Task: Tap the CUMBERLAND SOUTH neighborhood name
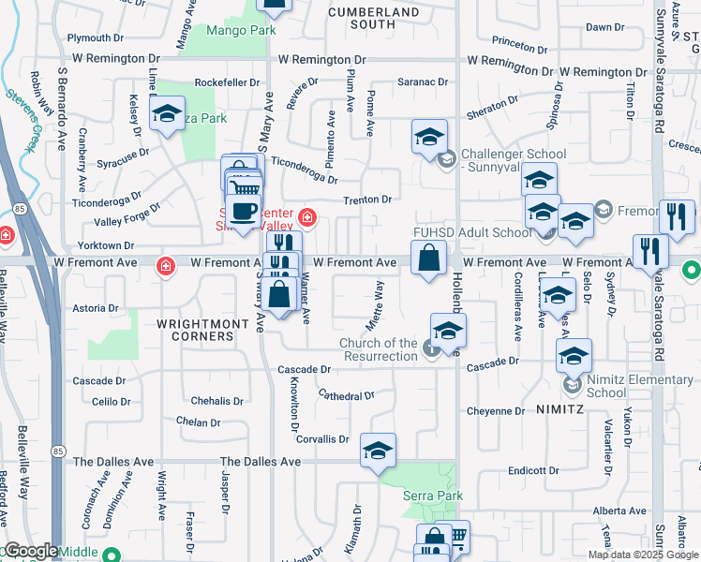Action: click(373, 18)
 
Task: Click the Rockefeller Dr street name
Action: click(228, 82)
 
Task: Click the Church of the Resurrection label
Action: click(379, 349)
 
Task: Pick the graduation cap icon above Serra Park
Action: click(378, 451)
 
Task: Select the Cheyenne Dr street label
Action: click(496, 411)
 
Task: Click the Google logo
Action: click(30, 551)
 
